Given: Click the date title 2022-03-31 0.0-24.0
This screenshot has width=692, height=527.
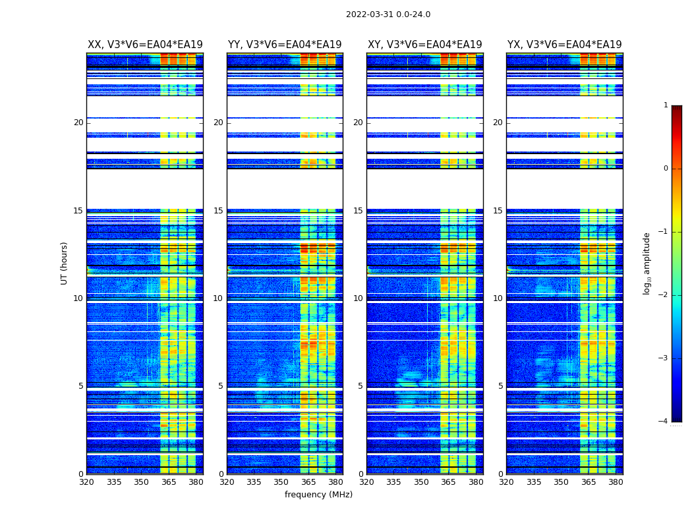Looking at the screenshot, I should click(388, 14).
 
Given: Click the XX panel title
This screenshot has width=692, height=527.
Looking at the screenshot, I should click(145, 45).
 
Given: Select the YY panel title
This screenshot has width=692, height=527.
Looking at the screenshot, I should click(285, 45).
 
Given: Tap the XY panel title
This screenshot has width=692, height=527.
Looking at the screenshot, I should click(424, 45).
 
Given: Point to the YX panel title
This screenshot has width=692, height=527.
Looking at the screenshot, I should click(564, 45).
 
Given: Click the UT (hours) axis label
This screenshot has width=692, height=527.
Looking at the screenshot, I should click(65, 263).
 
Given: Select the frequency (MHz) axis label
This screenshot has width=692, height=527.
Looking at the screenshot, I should click(318, 495).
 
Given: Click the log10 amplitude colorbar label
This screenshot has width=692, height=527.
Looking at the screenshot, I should click(647, 263).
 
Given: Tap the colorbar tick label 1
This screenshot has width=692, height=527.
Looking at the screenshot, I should click(666, 105).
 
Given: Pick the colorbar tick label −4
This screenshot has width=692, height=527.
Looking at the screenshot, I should click(664, 422).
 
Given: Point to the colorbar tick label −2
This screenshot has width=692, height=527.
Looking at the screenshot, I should click(664, 295).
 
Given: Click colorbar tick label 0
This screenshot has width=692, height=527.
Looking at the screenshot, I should click(666, 169).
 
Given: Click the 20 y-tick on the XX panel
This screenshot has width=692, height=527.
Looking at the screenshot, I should click(78, 123).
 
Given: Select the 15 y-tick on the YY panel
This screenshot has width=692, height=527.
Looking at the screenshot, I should click(218, 211).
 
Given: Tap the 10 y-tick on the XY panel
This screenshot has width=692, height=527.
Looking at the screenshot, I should click(358, 298).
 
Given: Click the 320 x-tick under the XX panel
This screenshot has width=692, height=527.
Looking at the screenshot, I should click(86, 482).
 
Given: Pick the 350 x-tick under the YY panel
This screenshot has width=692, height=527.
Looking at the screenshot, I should click(281, 482).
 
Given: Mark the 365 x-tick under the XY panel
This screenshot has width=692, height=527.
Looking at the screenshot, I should click(448, 482).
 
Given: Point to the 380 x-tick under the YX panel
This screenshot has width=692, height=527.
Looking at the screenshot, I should click(616, 482).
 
